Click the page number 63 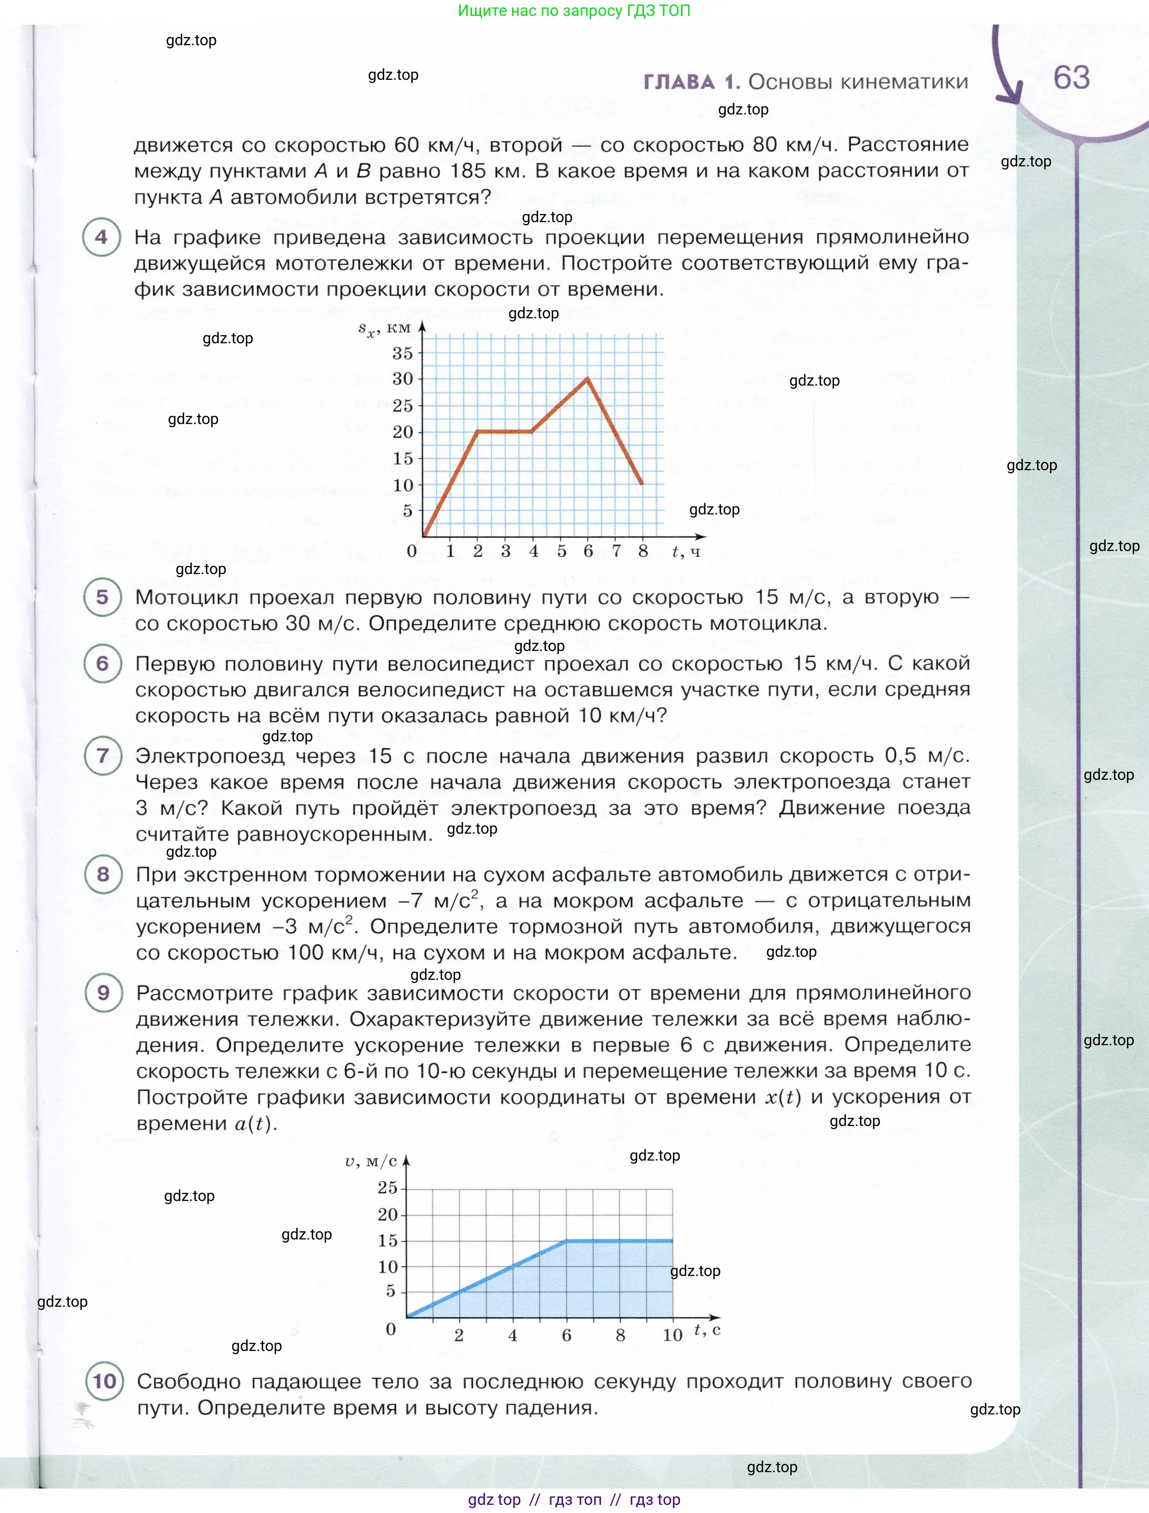click(1071, 77)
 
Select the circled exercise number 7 click(102, 755)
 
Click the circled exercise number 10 click(104, 1381)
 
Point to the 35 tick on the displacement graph click(403, 353)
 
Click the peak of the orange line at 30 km click(587, 378)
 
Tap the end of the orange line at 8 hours click(642, 484)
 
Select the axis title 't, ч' click(686, 551)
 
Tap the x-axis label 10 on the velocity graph click(672, 1335)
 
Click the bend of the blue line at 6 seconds click(566, 1240)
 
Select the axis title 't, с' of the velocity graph click(707, 1330)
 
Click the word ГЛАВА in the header click(679, 82)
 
